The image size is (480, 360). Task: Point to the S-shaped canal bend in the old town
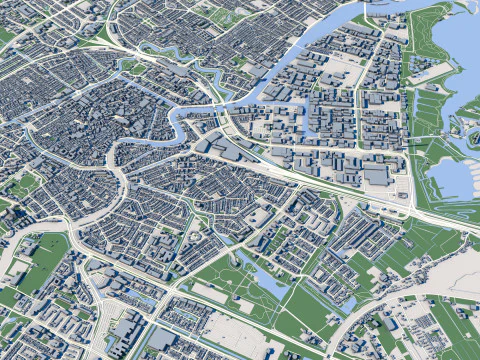tap(180, 125)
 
